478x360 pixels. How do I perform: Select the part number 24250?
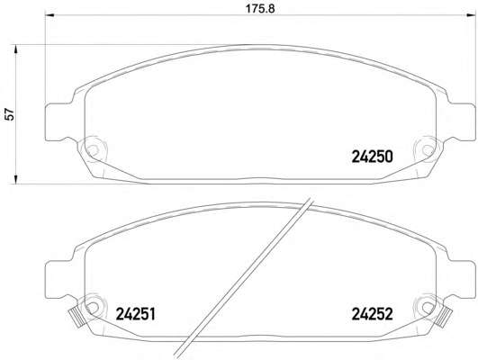tap(371, 157)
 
